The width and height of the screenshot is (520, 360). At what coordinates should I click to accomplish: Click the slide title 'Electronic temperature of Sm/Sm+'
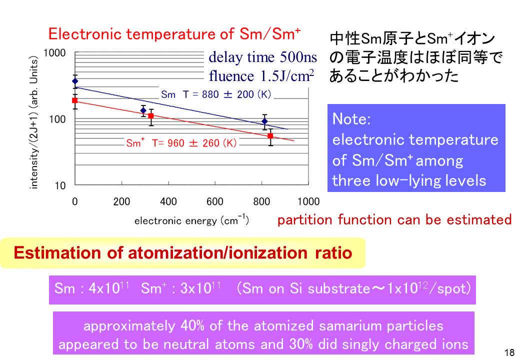tap(174, 34)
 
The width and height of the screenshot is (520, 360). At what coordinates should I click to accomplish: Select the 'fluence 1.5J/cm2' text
tap(261, 76)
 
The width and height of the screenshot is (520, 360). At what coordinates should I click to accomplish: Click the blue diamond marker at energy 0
tap(75, 81)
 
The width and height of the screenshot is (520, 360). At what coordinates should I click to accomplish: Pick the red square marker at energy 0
tap(75, 100)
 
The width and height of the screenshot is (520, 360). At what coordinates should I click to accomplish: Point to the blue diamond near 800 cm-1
tap(264, 121)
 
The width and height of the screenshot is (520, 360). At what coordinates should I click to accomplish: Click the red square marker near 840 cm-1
tap(270, 136)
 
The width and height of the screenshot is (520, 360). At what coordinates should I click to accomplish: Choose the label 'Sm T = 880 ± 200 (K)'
tap(215, 94)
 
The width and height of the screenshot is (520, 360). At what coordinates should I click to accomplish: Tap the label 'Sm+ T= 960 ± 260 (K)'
tap(181, 143)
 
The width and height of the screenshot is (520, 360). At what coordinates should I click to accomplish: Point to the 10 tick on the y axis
tap(60, 186)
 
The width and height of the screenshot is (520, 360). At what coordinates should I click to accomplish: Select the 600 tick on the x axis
tap(215, 202)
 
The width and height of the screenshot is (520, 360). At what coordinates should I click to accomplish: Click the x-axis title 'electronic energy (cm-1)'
tap(191, 220)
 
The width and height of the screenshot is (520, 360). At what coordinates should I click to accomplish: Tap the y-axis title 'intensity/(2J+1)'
tap(34, 122)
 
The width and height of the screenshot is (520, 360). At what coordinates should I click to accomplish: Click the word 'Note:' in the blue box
tap(351, 119)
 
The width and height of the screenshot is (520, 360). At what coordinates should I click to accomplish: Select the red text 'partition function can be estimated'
tap(394, 219)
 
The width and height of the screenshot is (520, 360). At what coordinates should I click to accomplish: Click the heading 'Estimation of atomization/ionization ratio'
tap(182, 253)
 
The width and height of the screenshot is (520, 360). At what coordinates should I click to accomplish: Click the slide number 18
tap(509, 352)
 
